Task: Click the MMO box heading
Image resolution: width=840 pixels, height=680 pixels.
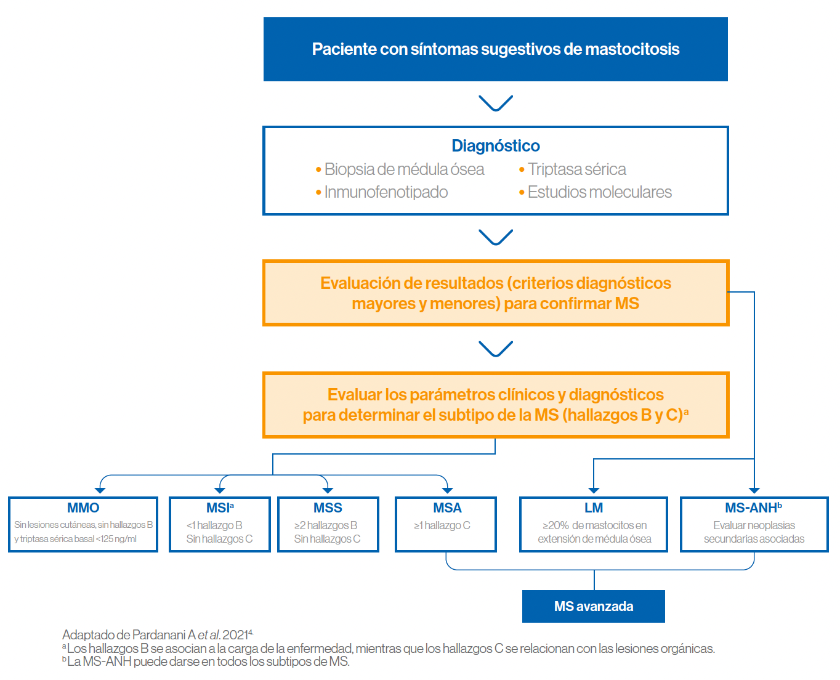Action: point(83,508)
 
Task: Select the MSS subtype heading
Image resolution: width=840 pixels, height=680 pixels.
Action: point(328,508)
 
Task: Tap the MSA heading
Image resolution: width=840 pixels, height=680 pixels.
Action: point(447,508)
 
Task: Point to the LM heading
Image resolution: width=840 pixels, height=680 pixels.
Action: point(594,508)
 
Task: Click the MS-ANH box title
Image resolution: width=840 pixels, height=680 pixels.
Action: point(753,508)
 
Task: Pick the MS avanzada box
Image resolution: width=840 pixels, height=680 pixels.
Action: point(594,606)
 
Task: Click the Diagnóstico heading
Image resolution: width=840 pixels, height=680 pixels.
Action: point(495,146)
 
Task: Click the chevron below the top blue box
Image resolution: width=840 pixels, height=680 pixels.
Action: point(496,103)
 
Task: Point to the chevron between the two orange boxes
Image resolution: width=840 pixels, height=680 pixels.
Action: point(496,349)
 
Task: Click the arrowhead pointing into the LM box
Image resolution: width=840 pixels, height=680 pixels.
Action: point(594,490)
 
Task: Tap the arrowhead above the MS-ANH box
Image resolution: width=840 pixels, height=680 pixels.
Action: point(754,490)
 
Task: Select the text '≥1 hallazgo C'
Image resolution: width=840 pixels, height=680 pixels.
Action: point(442,525)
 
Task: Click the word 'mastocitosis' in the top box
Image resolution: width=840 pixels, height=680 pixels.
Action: point(632,49)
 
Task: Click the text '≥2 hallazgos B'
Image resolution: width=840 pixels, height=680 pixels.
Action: point(325,525)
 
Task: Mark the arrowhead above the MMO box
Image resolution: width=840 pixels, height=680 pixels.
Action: point(100,490)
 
